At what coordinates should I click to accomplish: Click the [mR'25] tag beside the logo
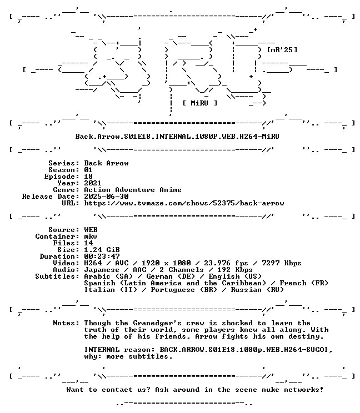click(282, 50)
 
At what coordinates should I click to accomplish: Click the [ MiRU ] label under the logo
click(200, 103)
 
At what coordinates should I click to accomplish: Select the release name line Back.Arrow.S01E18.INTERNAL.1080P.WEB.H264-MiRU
click(177, 137)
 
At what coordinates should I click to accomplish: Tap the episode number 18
click(88, 176)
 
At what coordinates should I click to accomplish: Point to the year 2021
click(93, 183)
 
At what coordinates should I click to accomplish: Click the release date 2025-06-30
click(106, 196)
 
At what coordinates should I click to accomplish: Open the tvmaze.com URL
click(184, 203)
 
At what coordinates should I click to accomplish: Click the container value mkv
click(91, 236)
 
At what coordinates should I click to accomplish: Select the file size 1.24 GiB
click(102, 249)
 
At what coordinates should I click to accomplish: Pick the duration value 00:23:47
click(102, 256)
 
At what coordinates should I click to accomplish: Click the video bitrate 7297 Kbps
click(282, 263)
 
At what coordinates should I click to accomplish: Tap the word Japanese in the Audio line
click(102, 270)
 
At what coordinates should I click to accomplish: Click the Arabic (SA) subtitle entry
click(108, 276)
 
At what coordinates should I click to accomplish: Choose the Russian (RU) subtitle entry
click(257, 290)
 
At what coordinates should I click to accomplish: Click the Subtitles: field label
click(57, 276)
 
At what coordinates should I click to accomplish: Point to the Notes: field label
click(66, 323)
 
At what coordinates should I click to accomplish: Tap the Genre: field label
click(66, 190)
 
